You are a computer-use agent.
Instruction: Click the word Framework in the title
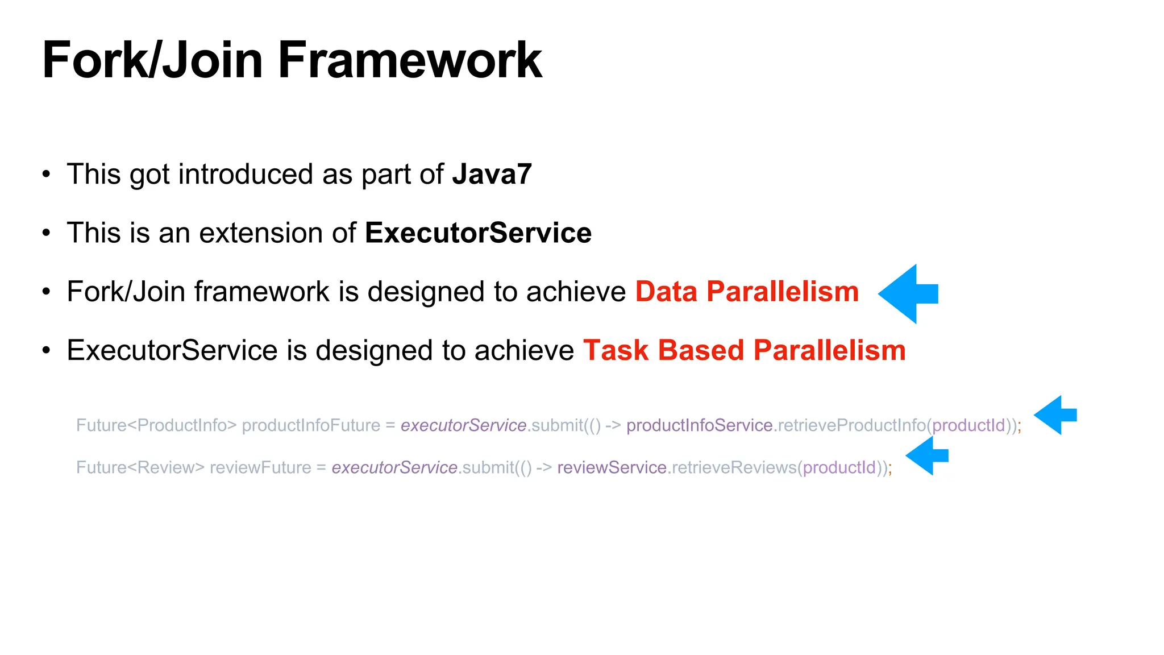[409, 60]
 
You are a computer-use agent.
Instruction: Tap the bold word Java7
[492, 174]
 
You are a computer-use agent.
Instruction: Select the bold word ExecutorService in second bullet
[478, 233]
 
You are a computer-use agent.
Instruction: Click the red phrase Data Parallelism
[746, 292]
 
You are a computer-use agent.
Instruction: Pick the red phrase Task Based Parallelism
[744, 350]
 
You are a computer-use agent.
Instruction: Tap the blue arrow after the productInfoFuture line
[1055, 415]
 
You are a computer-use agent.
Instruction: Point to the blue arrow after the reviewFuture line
[928, 455]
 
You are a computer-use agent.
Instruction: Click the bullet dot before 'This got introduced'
[47, 174]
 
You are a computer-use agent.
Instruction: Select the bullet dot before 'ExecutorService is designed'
[47, 350]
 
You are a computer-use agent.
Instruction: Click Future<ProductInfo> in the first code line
[156, 425]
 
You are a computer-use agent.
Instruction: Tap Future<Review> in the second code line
[140, 467]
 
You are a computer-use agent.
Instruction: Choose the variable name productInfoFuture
[311, 425]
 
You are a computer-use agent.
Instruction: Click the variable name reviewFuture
[260, 467]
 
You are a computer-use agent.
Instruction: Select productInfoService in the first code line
[699, 425]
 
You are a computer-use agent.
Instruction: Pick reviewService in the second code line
[612, 467]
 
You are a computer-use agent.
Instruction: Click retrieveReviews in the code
[734, 467]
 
